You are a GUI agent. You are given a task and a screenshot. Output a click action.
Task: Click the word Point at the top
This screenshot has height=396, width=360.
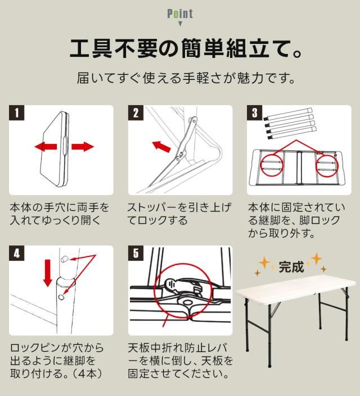click(x=180, y=13)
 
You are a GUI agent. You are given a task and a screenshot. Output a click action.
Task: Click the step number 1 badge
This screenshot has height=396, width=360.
click(x=17, y=112)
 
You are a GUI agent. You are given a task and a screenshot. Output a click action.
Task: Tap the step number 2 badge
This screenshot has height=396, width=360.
click(x=136, y=112)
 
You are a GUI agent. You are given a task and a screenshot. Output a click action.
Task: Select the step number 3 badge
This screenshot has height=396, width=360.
click(x=254, y=112)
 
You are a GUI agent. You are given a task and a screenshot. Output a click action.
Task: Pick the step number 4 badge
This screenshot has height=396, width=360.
click(x=17, y=253)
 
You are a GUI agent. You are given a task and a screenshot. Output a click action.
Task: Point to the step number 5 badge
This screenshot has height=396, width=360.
click(x=136, y=253)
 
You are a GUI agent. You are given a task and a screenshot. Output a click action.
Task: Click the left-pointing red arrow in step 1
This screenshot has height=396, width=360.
click(x=46, y=146)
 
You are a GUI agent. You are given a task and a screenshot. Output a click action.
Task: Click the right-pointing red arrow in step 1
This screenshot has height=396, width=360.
click(x=83, y=146)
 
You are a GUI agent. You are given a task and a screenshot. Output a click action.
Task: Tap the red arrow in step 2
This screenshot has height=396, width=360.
click(x=161, y=146)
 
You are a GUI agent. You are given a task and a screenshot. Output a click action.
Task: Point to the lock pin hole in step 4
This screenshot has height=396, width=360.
click(x=61, y=296)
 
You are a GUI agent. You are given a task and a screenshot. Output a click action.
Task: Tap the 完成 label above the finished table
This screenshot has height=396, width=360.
click(x=291, y=267)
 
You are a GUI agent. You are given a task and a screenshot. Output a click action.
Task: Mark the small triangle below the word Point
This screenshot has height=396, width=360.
click(x=180, y=24)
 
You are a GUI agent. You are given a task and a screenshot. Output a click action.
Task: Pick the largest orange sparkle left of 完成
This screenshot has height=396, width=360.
click(x=264, y=263)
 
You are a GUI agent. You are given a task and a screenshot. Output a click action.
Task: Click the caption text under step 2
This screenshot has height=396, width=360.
click(x=179, y=214)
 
